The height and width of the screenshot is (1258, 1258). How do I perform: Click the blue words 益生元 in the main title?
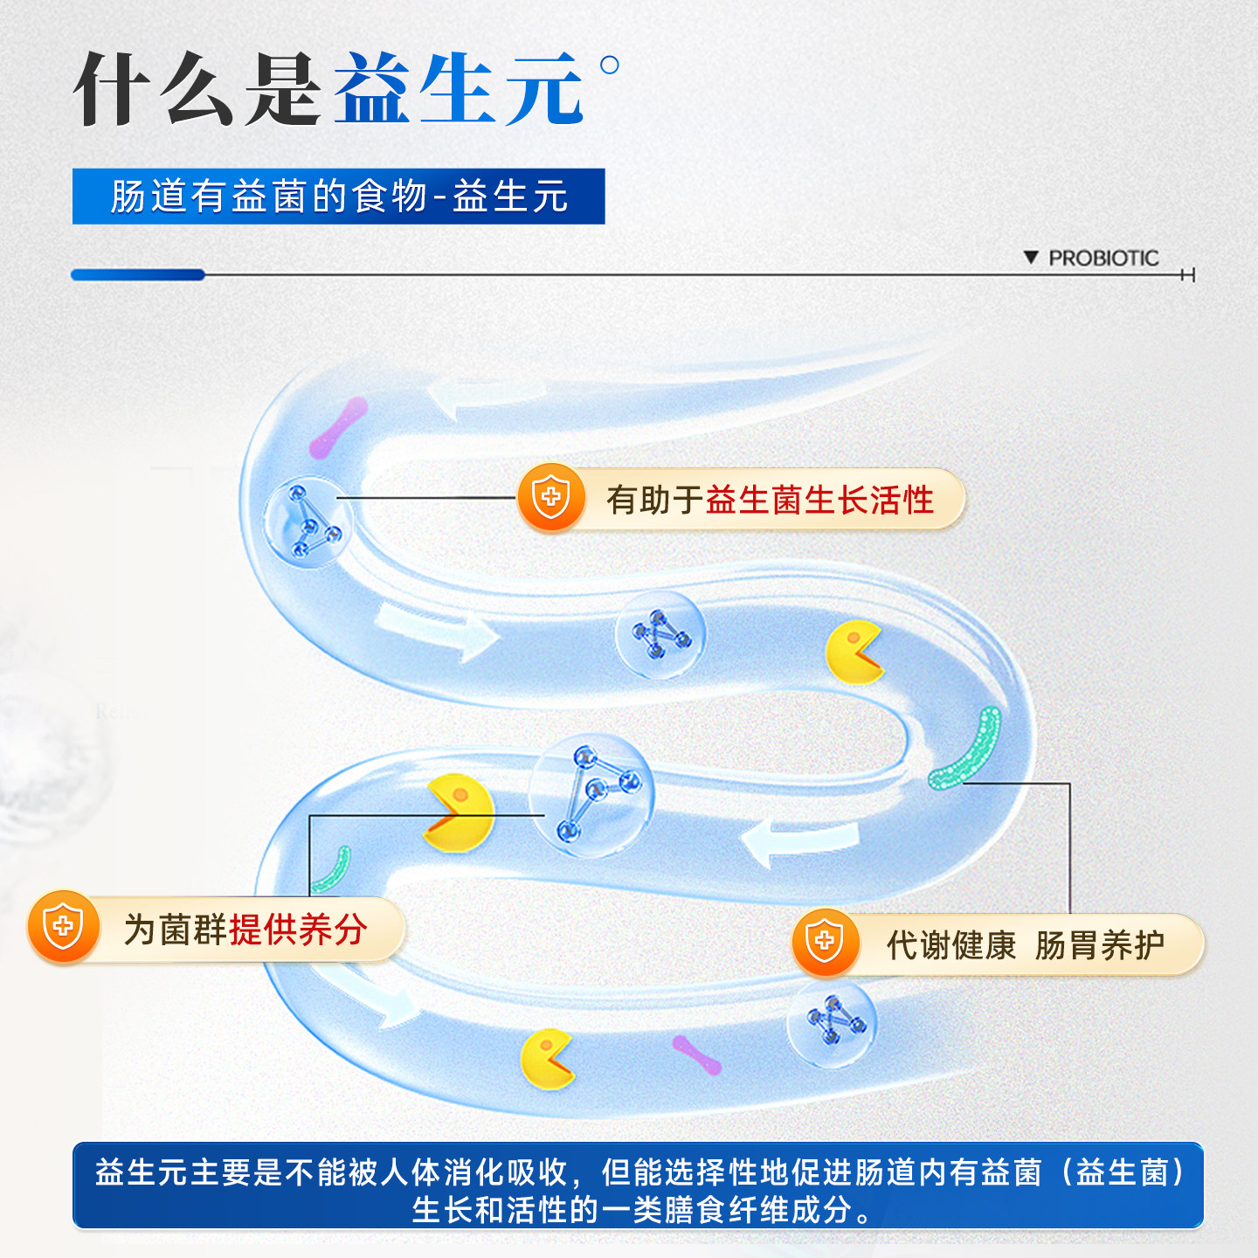click(x=458, y=89)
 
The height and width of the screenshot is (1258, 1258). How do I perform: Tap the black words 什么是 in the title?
click(x=197, y=89)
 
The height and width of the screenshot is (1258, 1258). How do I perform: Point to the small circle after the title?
click(x=610, y=65)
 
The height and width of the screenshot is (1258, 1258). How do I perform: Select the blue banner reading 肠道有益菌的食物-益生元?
click(x=338, y=197)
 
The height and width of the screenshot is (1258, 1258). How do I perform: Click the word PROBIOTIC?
click(x=1103, y=258)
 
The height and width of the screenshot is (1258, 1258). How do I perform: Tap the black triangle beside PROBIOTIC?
click(x=1031, y=257)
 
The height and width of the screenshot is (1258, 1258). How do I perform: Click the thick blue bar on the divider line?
click(x=138, y=275)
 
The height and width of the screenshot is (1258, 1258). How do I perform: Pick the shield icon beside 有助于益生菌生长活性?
click(x=551, y=498)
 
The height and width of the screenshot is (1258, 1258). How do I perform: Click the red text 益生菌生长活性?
click(x=819, y=501)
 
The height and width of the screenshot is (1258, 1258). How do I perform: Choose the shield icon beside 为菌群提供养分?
click(x=63, y=926)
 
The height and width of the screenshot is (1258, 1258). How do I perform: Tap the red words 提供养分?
click(x=297, y=930)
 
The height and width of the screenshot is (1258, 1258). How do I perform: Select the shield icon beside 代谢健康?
click(x=824, y=942)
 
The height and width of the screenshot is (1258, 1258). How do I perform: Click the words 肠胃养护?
click(x=1099, y=945)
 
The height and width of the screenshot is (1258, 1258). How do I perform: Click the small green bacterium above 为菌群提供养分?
click(x=332, y=870)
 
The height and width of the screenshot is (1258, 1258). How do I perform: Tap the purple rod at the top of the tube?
click(x=338, y=427)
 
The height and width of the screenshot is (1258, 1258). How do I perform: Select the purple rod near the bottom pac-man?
click(x=696, y=1054)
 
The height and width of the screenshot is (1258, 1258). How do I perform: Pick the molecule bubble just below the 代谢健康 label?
click(x=832, y=1022)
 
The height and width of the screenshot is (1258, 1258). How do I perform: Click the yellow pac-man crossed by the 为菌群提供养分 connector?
click(x=458, y=812)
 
